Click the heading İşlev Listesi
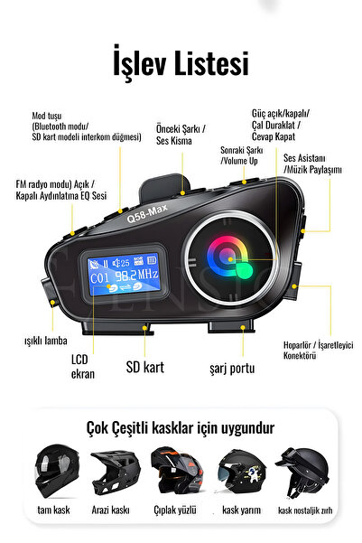pyautogui.click(x=181, y=64)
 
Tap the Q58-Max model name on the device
pyautogui.click(x=148, y=216)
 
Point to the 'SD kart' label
pyautogui.click(x=144, y=368)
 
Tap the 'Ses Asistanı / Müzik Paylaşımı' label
pyautogui.click(x=312, y=164)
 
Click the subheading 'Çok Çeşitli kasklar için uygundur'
pyautogui.click(x=181, y=427)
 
